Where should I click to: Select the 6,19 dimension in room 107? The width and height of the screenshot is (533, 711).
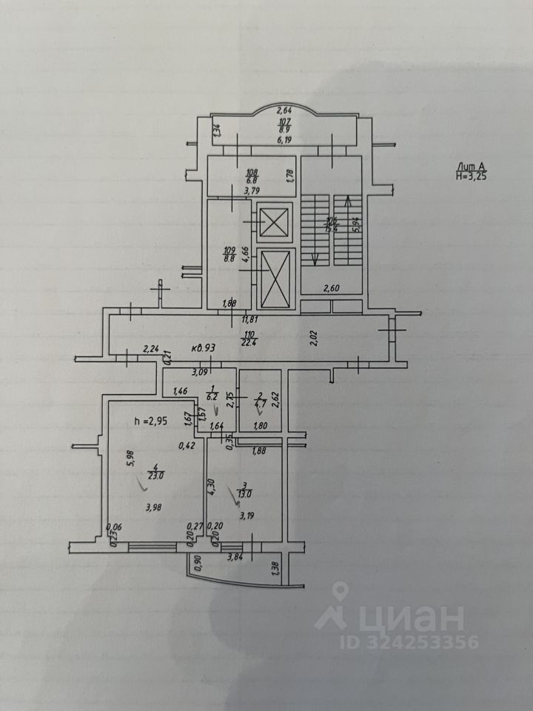point(286,139)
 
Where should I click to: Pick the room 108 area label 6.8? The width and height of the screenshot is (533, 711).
point(251,180)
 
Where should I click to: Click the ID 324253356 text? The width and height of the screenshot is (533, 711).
point(409,641)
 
